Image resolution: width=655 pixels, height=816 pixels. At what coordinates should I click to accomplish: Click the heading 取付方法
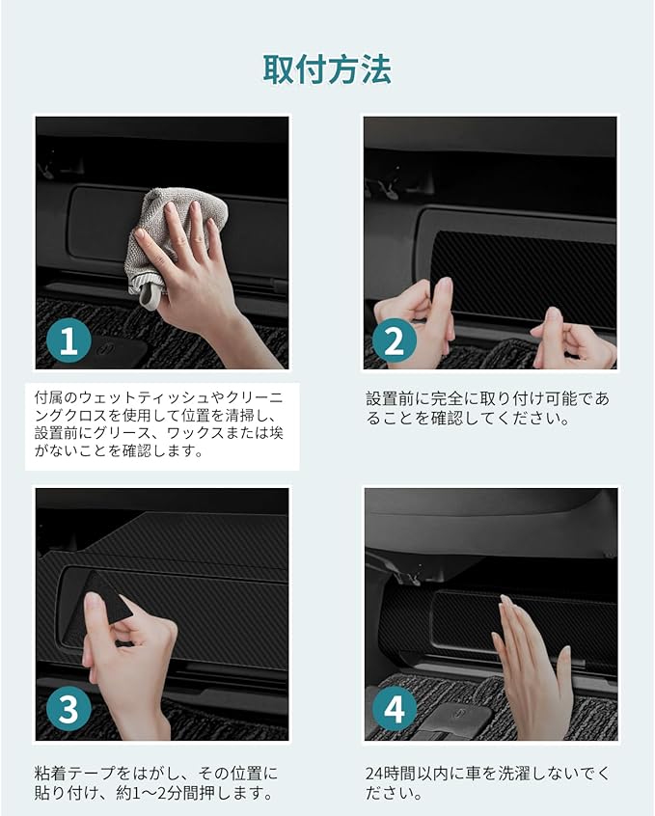(x=327, y=69)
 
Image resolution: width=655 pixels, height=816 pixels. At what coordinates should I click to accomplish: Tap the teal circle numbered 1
(x=68, y=340)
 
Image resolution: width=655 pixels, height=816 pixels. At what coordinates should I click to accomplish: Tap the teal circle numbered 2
(x=395, y=340)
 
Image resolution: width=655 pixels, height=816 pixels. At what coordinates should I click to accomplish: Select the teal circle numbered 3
(x=68, y=708)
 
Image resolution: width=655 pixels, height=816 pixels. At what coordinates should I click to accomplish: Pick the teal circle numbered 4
(x=395, y=708)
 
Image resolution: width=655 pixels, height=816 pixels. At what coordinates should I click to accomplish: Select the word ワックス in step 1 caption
(x=195, y=433)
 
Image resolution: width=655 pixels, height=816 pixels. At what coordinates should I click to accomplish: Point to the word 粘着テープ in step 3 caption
(x=74, y=774)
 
